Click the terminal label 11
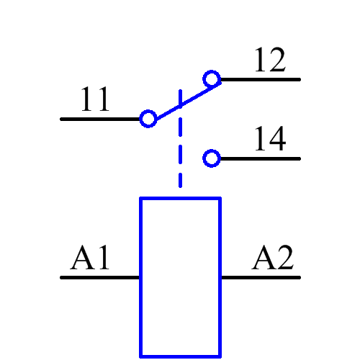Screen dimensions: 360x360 coord(96,100)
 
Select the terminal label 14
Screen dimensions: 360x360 coord(270,140)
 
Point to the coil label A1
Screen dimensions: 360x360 coord(91,258)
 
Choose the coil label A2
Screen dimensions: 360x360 coord(273,258)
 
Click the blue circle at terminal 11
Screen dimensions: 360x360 coord(148,119)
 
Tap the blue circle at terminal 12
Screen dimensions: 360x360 coord(211,79)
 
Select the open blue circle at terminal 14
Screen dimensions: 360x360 coord(211,158)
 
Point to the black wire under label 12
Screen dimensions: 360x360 coord(259,79)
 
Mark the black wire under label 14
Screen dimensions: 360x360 coord(259,158)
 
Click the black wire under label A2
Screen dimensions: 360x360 coord(259,277)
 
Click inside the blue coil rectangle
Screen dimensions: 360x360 coord(180,277)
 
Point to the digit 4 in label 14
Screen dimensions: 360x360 coord(279,140)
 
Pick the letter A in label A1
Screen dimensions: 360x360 coord(83,258)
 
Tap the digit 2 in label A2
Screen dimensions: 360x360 coord(284,258)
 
